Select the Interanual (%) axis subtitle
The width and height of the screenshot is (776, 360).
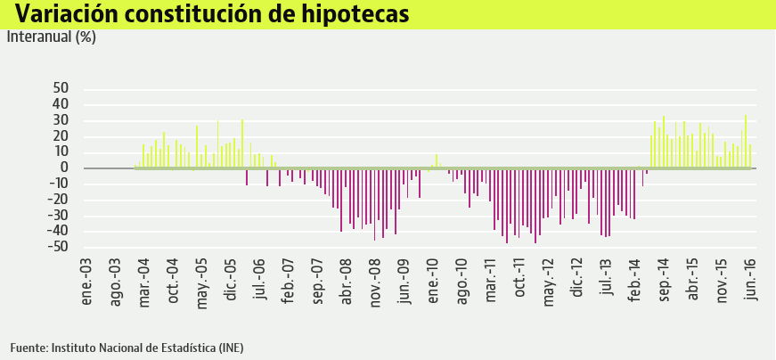(x=51, y=37)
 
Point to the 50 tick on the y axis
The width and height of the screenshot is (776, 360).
(x=61, y=88)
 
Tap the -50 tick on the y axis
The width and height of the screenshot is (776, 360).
(x=58, y=247)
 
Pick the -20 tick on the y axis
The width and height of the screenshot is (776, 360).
(x=58, y=200)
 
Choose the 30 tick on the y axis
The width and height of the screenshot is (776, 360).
(x=61, y=120)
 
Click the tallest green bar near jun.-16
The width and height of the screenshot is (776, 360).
(x=746, y=141)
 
